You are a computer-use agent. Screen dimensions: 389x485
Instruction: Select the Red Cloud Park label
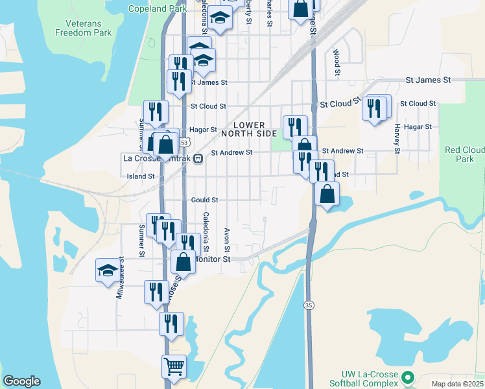pos(464,154)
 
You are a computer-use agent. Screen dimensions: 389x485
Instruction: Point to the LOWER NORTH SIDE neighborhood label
pos(249,129)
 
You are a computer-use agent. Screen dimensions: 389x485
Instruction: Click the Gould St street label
pos(204,200)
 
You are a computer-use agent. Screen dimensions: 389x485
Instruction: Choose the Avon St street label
pos(227,240)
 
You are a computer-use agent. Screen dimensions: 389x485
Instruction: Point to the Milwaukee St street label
pos(120,283)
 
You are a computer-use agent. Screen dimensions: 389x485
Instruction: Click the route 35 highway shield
pos(309,305)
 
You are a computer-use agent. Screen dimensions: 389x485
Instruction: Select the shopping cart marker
pos(174,367)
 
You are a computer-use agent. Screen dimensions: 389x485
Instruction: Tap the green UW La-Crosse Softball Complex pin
pos(408,377)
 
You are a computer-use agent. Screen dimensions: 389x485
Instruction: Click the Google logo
pos(21,381)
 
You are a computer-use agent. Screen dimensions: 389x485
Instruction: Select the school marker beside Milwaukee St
pos(108,270)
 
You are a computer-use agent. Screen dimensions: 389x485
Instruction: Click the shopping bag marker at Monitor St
pos(184,262)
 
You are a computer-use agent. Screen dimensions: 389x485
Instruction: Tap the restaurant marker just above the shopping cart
pos(171,323)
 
